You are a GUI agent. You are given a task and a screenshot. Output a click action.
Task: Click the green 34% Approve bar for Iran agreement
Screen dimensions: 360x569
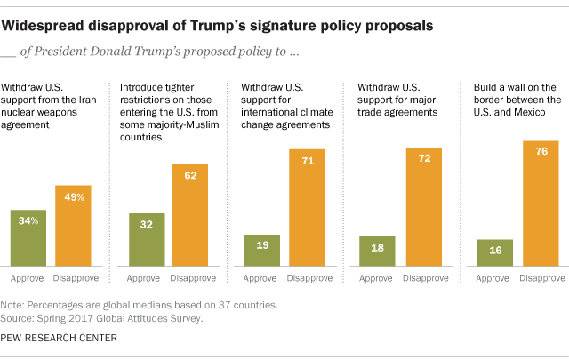[x=28, y=238]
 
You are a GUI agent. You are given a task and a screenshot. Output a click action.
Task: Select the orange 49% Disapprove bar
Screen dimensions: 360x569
[x=74, y=226]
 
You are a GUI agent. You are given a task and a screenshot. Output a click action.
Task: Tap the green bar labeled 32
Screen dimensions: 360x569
[x=148, y=240]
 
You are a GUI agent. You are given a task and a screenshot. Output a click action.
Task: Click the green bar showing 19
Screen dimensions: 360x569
[x=261, y=251]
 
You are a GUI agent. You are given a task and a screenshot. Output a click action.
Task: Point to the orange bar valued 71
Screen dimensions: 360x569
[x=307, y=208]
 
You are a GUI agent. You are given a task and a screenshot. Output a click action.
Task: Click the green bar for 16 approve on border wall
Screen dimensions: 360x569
[x=495, y=253]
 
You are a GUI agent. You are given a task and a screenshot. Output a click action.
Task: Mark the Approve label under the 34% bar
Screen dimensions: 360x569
[x=28, y=278]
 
